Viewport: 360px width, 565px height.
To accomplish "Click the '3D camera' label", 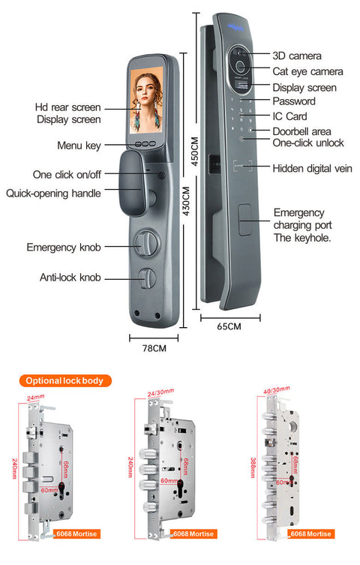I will coord(297,56).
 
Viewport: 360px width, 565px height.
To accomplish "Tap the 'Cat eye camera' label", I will coord(307,71).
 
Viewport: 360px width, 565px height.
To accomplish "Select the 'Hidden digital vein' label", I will coord(312,168).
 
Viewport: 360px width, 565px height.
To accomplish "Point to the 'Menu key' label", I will coord(79,145).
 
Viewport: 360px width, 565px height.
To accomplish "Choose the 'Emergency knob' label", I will coord(64,247).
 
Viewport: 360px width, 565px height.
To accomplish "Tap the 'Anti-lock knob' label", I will coord(70,278).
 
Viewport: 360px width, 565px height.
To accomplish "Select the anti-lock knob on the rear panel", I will coord(147,277).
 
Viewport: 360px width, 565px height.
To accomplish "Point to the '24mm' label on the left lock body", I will coord(34,398).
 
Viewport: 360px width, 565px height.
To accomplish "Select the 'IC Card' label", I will coord(289,116).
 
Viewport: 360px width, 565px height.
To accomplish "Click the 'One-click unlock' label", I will coord(307,143).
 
